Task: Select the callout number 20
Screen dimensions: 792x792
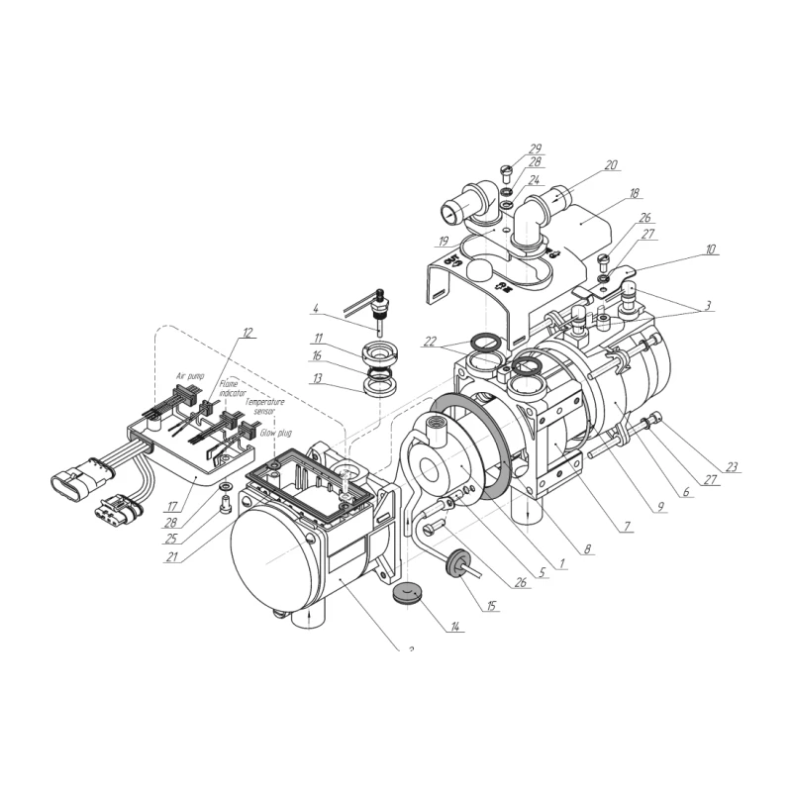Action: [610, 165]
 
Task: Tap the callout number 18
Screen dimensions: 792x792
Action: [635, 195]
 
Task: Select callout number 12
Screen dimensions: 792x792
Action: [247, 333]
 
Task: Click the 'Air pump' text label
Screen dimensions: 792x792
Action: [195, 377]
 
